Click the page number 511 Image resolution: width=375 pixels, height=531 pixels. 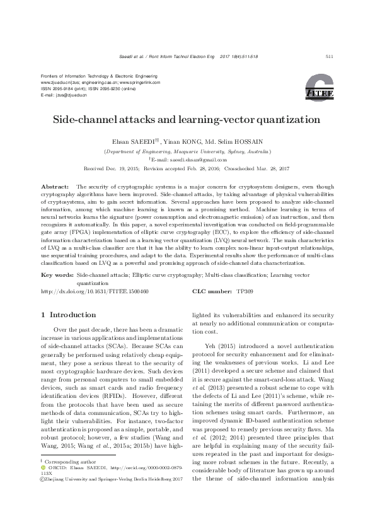[x=329, y=57]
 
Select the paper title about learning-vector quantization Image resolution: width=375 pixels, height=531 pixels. [x=187, y=119]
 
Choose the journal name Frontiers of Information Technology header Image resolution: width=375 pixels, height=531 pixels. [x=94, y=75]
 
